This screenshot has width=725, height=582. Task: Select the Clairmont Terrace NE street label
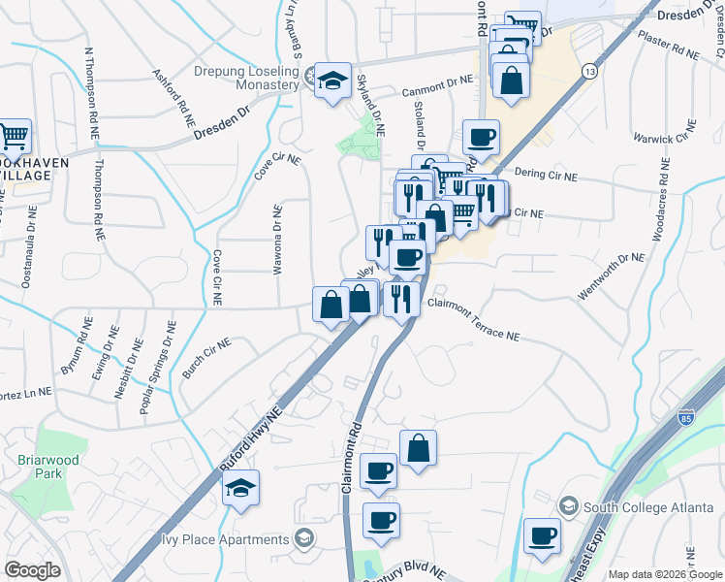(x=473, y=319)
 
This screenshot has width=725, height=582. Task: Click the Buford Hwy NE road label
(x=251, y=439)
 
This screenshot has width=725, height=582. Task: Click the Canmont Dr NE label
(x=437, y=88)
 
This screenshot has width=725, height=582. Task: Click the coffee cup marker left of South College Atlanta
(x=542, y=535)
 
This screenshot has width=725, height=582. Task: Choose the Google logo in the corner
(x=32, y=570)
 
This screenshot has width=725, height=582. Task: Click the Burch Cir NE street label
(x=206, y=356)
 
